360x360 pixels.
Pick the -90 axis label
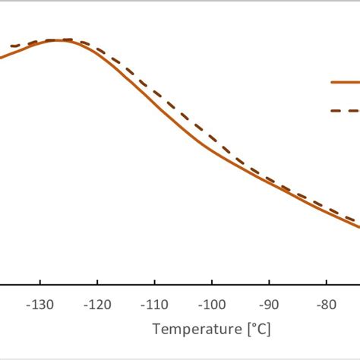[x=269, y=305]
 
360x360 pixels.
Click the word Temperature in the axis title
[x=194, y=330]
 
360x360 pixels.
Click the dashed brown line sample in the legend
[x=345, y=110]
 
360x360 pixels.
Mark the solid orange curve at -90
[x=270, y=181]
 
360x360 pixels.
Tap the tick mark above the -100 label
[x=212, y=286]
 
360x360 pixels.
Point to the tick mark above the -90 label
[x=270, y=286]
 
